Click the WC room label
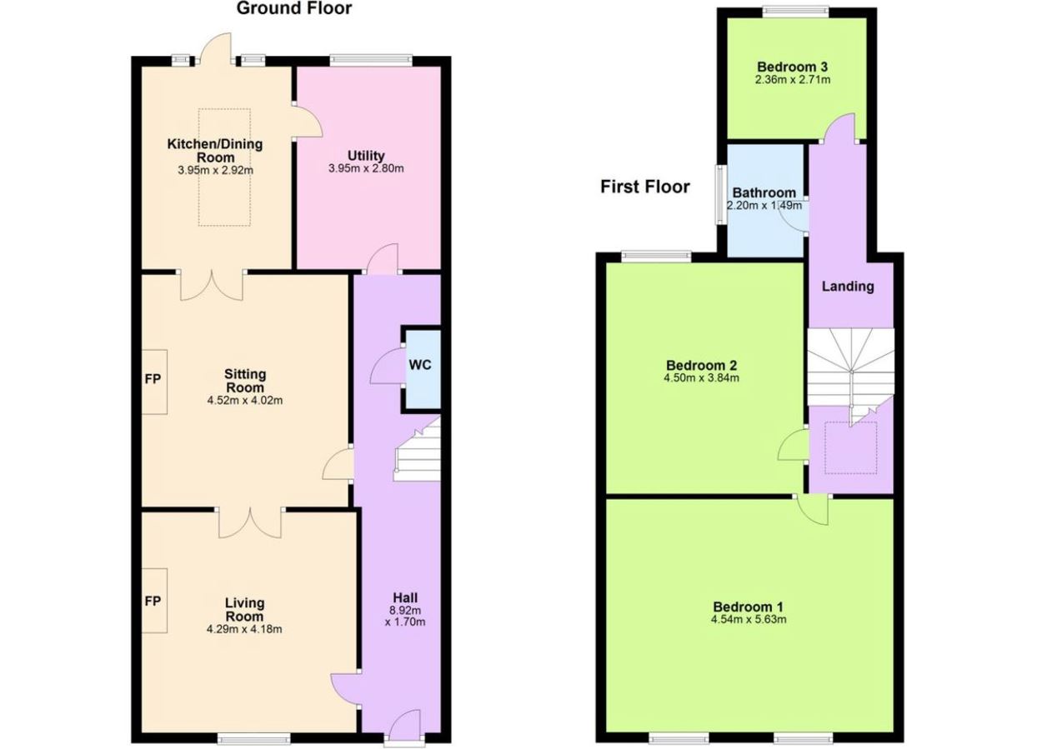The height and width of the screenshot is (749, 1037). [x=420, y=365]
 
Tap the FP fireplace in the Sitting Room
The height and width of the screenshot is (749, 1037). [x=154, y=382]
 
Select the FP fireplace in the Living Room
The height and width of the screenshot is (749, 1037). [x=154, y=601]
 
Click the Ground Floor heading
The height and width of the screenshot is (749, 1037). [x=294, y=8]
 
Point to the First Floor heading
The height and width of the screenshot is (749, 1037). [x=645, y=187]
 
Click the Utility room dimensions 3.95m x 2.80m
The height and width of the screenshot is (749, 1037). [x=366, y=168]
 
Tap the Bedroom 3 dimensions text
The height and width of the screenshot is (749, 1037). [x=793, y=80]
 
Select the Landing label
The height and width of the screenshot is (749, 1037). [x=848, y=287]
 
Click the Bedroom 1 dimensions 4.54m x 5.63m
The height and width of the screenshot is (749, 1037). [x=749, y=619]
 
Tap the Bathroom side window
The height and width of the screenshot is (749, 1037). [x=720, y=194]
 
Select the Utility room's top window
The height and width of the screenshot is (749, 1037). [x=371, y=60]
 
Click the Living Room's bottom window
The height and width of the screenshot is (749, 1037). [x=253, y=738]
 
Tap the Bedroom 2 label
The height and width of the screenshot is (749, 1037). [x=701, y=365]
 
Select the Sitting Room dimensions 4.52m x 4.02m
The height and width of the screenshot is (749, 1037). [x=245, y=400]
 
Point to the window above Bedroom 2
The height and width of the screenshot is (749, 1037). [x=656, y=256]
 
